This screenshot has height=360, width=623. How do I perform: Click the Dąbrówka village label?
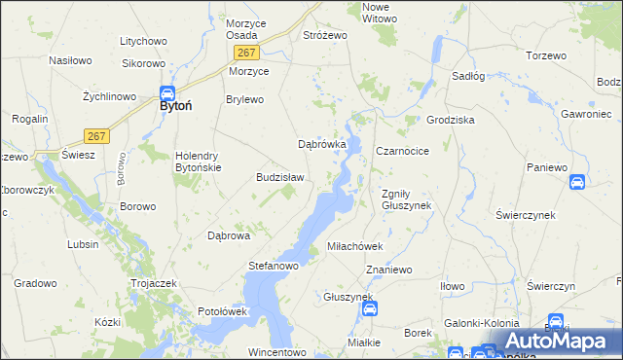pos(322,145)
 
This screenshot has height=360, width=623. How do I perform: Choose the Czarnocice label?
pos(403,152)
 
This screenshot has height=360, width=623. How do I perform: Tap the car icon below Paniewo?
pos(577,182)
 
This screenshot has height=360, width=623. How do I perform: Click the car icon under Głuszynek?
pos(370,309)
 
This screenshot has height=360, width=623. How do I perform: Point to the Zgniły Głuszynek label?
pos(406,198)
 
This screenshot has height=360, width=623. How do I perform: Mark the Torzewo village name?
pos(545,55)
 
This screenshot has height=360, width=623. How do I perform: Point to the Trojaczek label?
pos(152,283)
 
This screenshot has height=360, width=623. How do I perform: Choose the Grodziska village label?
pos(450,120)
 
